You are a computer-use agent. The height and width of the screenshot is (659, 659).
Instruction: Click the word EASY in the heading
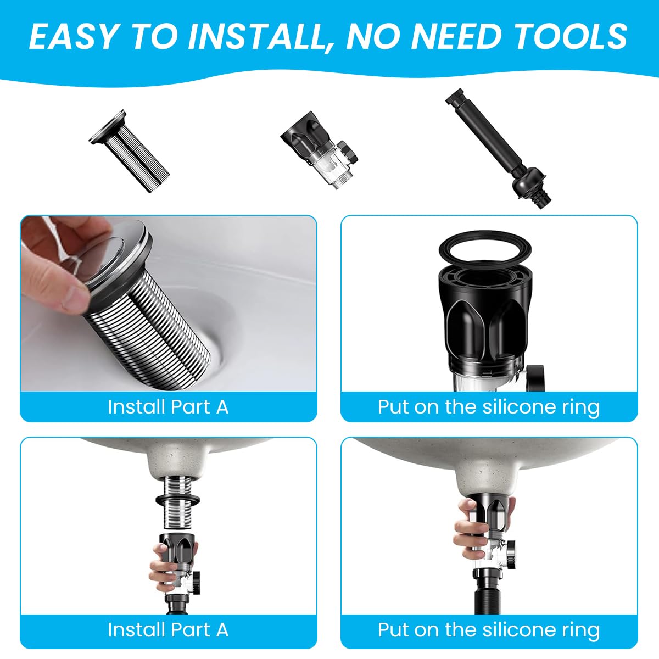[x=72, y=36]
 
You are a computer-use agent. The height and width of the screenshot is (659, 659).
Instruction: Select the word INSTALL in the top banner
[x=256, y=36]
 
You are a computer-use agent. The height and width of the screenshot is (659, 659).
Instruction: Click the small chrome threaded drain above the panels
[x=130, y=145]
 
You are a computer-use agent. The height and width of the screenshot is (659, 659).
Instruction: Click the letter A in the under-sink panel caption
[x=222, y=629]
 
